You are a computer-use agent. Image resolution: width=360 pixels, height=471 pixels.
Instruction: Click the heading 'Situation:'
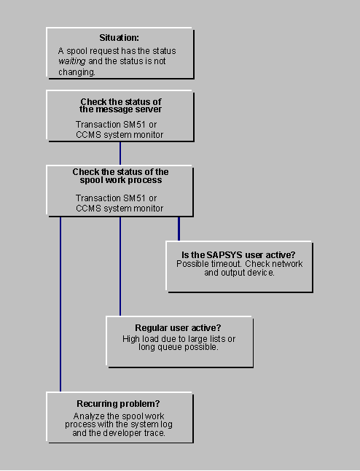120,38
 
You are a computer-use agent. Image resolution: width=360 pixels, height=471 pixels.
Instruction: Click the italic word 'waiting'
72,62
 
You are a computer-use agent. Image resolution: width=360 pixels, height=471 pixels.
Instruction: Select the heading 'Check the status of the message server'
120,105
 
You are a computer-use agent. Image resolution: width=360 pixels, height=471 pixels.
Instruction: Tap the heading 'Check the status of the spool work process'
120,176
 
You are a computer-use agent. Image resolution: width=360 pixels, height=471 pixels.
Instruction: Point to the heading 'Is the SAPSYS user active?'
238,254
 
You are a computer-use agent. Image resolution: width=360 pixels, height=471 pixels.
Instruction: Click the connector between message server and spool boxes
120,152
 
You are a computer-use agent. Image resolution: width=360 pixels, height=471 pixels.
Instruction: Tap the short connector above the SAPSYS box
179,228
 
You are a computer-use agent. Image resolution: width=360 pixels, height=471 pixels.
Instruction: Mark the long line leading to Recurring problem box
60,306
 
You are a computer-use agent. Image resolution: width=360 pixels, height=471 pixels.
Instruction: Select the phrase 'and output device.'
239,273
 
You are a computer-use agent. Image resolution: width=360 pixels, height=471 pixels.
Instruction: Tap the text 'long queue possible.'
179,347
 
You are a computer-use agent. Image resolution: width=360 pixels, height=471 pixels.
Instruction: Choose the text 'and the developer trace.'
120,432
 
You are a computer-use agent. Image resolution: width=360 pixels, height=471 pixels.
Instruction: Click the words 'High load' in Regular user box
140,338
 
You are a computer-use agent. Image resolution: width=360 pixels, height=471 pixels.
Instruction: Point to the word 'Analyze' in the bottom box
89,415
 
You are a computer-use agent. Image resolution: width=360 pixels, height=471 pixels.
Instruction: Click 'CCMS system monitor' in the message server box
120,134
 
